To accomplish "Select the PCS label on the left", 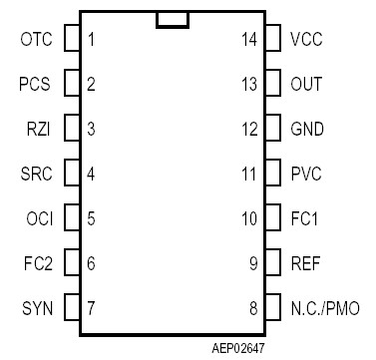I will pos(36,84).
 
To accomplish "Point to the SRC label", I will pos(37,174).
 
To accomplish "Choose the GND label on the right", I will pos(307,129).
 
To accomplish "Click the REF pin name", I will pos(305,263).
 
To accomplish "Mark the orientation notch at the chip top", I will pos(173,20).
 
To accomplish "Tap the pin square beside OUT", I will pos(270,84).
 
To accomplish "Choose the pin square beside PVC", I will pos(270,174).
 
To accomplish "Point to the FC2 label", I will pos(37,263).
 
